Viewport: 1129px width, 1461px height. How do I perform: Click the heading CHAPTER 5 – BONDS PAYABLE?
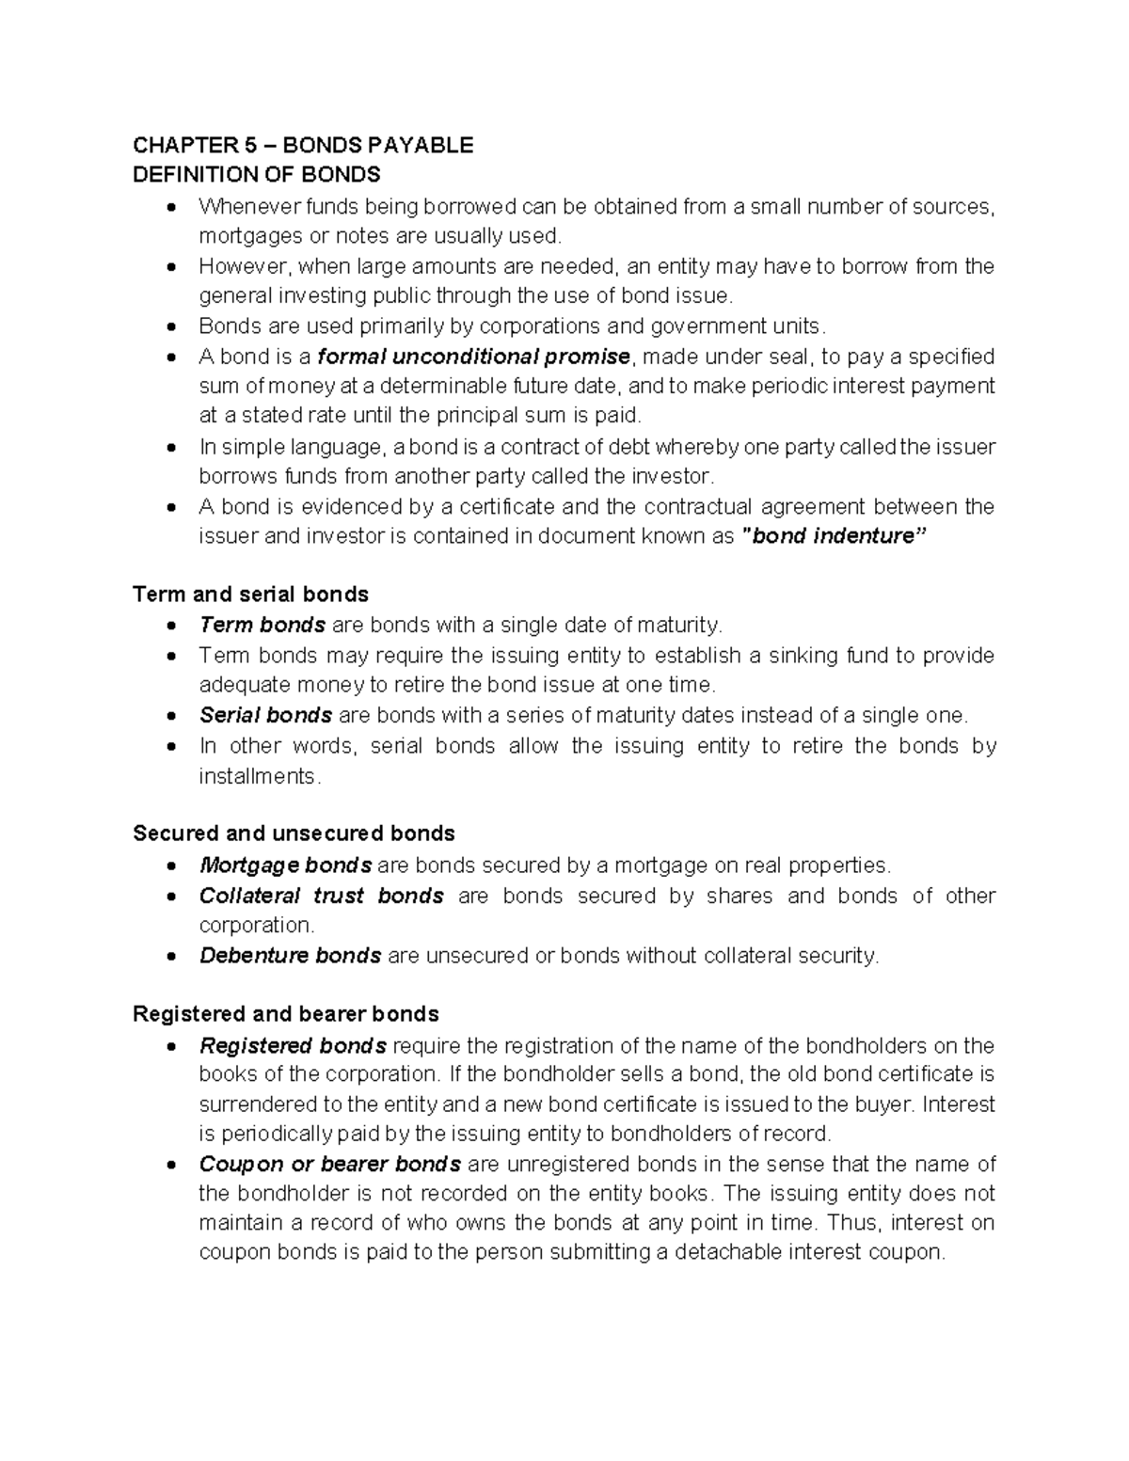click(303, 145)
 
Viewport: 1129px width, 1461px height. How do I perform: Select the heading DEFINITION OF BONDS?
click(256, 175)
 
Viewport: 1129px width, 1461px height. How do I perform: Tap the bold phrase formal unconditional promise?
click(474, 357)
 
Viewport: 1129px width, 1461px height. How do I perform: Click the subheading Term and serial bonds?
click(250, 595)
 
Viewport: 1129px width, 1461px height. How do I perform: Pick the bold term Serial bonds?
click(265, 716)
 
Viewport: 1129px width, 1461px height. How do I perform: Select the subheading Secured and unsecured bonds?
click(294, 834)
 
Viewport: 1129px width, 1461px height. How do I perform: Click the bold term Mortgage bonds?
click(285, 865)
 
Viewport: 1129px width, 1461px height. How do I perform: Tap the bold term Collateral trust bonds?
click(321, 896)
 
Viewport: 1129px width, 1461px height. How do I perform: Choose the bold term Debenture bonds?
click(290, 956)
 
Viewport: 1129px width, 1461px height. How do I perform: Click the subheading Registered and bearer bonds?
click(286, 1014)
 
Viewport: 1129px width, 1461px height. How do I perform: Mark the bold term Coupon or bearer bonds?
click(329, 1165)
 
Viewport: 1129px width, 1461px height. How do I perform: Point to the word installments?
click(259, 777)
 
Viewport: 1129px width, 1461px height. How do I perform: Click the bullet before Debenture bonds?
click(170, 957)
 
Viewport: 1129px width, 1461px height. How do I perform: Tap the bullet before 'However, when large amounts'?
click(170, 267)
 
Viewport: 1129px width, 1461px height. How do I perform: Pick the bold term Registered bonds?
click(293, 1046)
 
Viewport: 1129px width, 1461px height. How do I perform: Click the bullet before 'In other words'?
click(170, 747)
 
